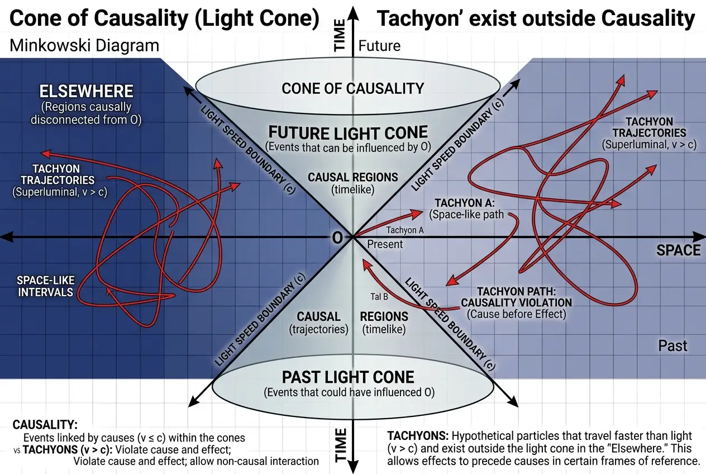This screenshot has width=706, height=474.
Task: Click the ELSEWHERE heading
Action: pos(86,91)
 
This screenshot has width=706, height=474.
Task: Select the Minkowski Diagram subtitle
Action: pos(84,45)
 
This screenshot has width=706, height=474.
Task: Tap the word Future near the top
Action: pos(379,45)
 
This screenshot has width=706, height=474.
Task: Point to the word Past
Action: pos(672,345)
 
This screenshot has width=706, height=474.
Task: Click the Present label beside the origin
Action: pos(385,244)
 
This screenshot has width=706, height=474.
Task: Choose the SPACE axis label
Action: pos(678,250)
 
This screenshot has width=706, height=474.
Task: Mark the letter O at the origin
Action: pos(337,238)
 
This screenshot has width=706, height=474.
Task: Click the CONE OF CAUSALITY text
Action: pos(352,88)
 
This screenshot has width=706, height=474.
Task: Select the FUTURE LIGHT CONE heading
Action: pos(348,133)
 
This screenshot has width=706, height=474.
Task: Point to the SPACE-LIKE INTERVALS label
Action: pos(45,286)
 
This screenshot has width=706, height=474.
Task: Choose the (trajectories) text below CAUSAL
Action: pos(318,329)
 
